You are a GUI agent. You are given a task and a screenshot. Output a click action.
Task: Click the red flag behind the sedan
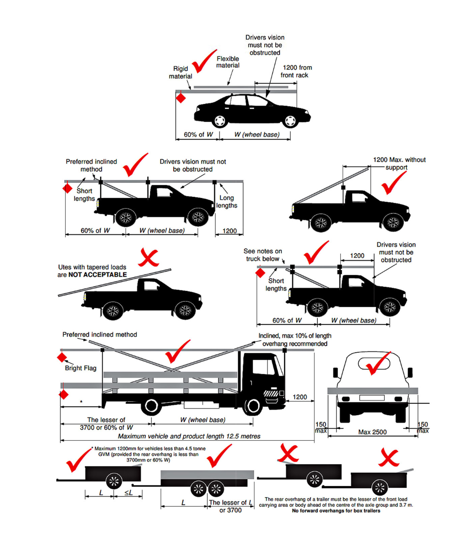tap(180, 99)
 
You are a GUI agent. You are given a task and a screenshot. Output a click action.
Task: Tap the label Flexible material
tap(228, 62)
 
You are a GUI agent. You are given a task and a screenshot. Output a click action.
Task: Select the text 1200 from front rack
tap(296, 71)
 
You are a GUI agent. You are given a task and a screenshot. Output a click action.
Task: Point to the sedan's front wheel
tap(291, 121)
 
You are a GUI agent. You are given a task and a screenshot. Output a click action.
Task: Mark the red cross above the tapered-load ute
tap(148, 258)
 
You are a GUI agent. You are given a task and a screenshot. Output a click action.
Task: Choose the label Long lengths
tap(227, 202)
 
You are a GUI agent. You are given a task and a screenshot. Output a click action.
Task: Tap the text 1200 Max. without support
tap(399, 163)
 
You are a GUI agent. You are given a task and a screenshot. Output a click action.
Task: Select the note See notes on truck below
tap(263, 255)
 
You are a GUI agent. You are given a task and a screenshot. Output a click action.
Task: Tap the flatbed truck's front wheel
tap(254, 406)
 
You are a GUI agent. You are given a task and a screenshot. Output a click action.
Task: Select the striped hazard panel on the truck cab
tap(271, 393)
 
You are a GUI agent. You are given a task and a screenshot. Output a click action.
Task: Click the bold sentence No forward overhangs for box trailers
tap(336, 511)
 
